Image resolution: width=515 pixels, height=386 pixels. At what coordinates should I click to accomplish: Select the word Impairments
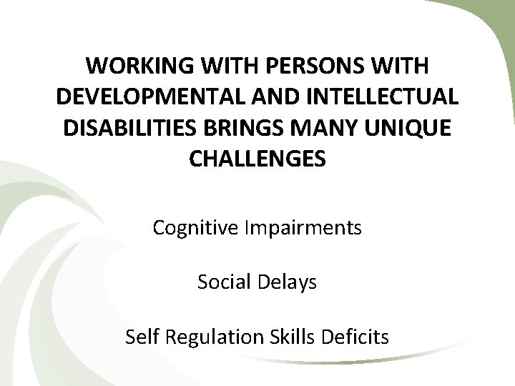(303, 229)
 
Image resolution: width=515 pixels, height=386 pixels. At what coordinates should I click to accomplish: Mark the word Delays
(289, 283)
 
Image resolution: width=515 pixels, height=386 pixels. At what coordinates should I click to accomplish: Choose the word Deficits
(355, 337)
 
